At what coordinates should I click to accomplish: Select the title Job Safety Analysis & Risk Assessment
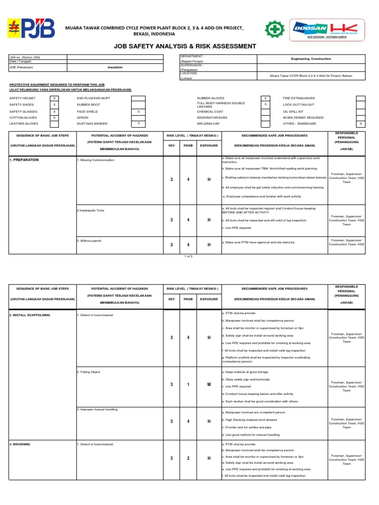click(x=185, y=46)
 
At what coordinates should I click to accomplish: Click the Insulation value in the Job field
click(x=115, y=67)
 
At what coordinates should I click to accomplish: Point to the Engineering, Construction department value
click(x=311, y=59)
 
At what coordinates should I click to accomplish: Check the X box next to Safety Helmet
click(x=54, y=99)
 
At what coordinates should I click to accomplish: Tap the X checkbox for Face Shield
click(x=139, y=111)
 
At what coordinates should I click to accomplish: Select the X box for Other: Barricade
click(x=361, y=124)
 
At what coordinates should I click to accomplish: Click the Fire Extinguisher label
click(x=299, y=99)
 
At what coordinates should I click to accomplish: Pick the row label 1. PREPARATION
click(x=24, y=160)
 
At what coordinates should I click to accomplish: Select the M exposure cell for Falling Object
click(x=209, y=384)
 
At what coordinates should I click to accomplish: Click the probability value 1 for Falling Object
click(x=188, y=384)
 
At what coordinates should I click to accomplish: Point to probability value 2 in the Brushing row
click(x=188, y=459)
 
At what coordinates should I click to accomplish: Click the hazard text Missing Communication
click(x=97, y=160)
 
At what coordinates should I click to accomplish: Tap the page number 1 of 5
click(x=189, y=256)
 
